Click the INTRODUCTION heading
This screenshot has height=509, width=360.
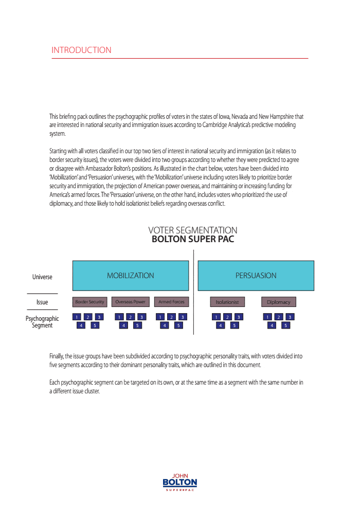(x=81, y=50)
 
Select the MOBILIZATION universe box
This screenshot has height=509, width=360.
(x=131, y=276)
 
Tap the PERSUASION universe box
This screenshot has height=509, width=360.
(x=256, y=276)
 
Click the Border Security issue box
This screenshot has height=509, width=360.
(x=89, y=302)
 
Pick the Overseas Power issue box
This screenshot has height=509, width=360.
(x=131, y=302)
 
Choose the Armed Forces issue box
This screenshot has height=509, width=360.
(x=172, y=302)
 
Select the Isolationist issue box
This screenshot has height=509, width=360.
(x=227, y=302)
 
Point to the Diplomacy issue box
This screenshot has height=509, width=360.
(x=279, y=302)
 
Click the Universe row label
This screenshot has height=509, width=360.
(x=42, y=277)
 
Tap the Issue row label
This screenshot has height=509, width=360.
(x=42, y=302)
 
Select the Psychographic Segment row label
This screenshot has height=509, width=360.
(x=42, y=322)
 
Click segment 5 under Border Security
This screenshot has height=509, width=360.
(x=95, y=325)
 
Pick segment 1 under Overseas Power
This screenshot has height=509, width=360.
(x=119, y=317)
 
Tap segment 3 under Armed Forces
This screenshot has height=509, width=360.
(x=183, y=317)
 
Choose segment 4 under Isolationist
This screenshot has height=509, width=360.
(x=220, y=325)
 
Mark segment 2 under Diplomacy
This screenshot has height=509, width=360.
(x=279, y=317)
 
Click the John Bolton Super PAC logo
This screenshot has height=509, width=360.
(x=179, y=482)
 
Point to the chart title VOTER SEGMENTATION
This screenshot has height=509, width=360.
(x=193, y=230)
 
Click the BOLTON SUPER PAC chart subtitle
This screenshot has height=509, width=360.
(x=193, y=239)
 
